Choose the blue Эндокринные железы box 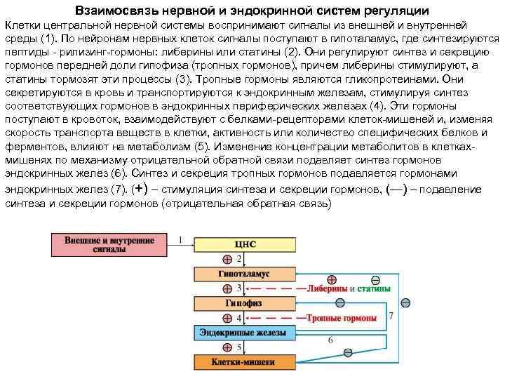[x=236, y=333]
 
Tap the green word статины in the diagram [x=375, y=288]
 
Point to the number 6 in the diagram [x=330, y=341]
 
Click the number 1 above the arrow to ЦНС [x=180, y=240]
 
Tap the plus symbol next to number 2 [x=227, y=260]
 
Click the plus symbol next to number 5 [x=227, y=348]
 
